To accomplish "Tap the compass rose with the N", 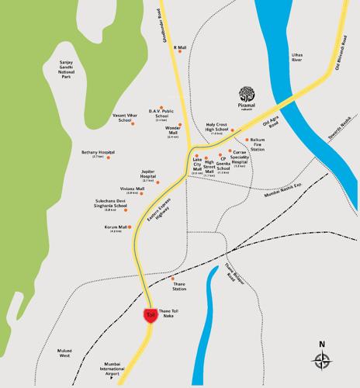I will (321, 358).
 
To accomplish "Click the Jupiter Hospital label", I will (147, 177).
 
